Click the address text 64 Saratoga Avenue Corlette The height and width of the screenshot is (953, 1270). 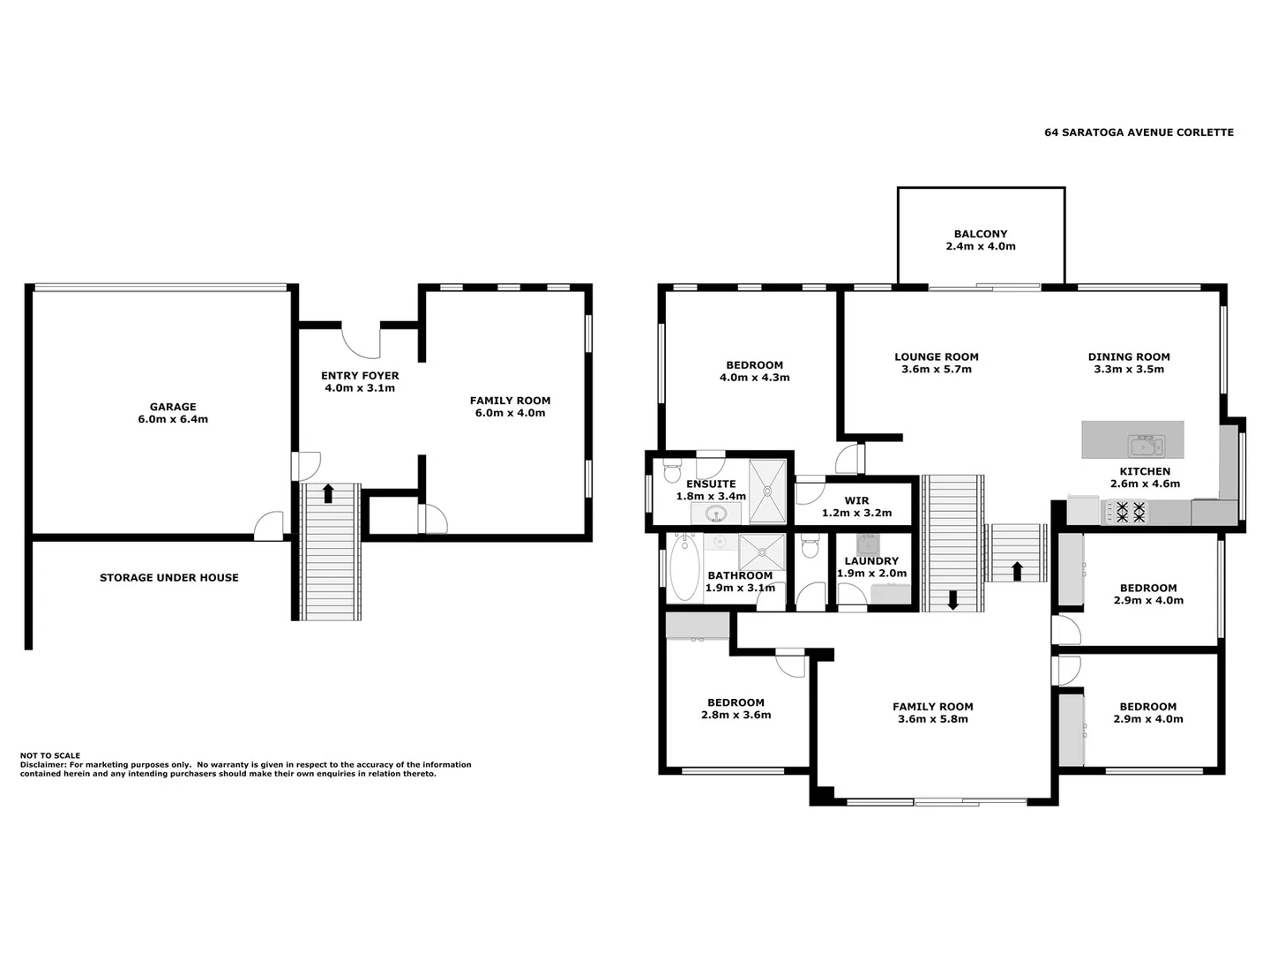[x=1139, y=132]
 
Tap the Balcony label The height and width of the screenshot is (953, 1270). [x=980, y=234]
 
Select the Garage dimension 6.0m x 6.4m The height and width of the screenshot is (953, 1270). [x=173, y=420]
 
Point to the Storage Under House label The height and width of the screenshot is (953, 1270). [x=168, y=578]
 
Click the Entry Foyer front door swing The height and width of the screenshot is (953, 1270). [x=361, y=341]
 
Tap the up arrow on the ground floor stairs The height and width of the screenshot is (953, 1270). [x=328, y=493]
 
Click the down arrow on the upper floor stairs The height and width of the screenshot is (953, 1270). [x=952, y=600]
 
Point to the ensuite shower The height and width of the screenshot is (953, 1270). [x=766, y=492]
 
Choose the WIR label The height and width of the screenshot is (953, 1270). [x=856, y=500]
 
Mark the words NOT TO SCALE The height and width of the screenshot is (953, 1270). [x=50, y=755]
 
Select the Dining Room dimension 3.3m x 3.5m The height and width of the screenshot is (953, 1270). [x=1129, y=370]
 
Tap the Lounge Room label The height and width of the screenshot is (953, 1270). [x=936, y=357]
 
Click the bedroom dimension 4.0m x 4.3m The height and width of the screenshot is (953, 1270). [x=754, y=378]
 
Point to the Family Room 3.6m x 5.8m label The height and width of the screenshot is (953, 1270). [x=932, y=707]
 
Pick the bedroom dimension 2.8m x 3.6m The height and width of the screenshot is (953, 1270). [x=736, y=716]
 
